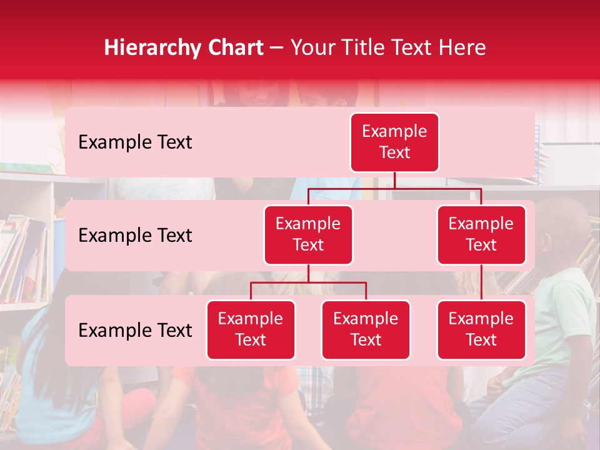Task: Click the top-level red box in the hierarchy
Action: pos(394,142)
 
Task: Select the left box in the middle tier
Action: pos(308,235)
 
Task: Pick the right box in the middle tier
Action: pos(481,235)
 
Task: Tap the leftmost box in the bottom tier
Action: pos(251,330)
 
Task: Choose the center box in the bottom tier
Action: pos(366,330)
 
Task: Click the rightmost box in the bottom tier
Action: pos(481,330)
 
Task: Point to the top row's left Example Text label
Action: pos(135,142)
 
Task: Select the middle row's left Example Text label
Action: pos(135,236)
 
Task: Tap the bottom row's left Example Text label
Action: pos(135,331)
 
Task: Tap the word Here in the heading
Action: pos(463,47)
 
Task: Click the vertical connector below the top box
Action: pos(394,180)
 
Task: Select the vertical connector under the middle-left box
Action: pos(308,273)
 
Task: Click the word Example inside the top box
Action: pos(394,132)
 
